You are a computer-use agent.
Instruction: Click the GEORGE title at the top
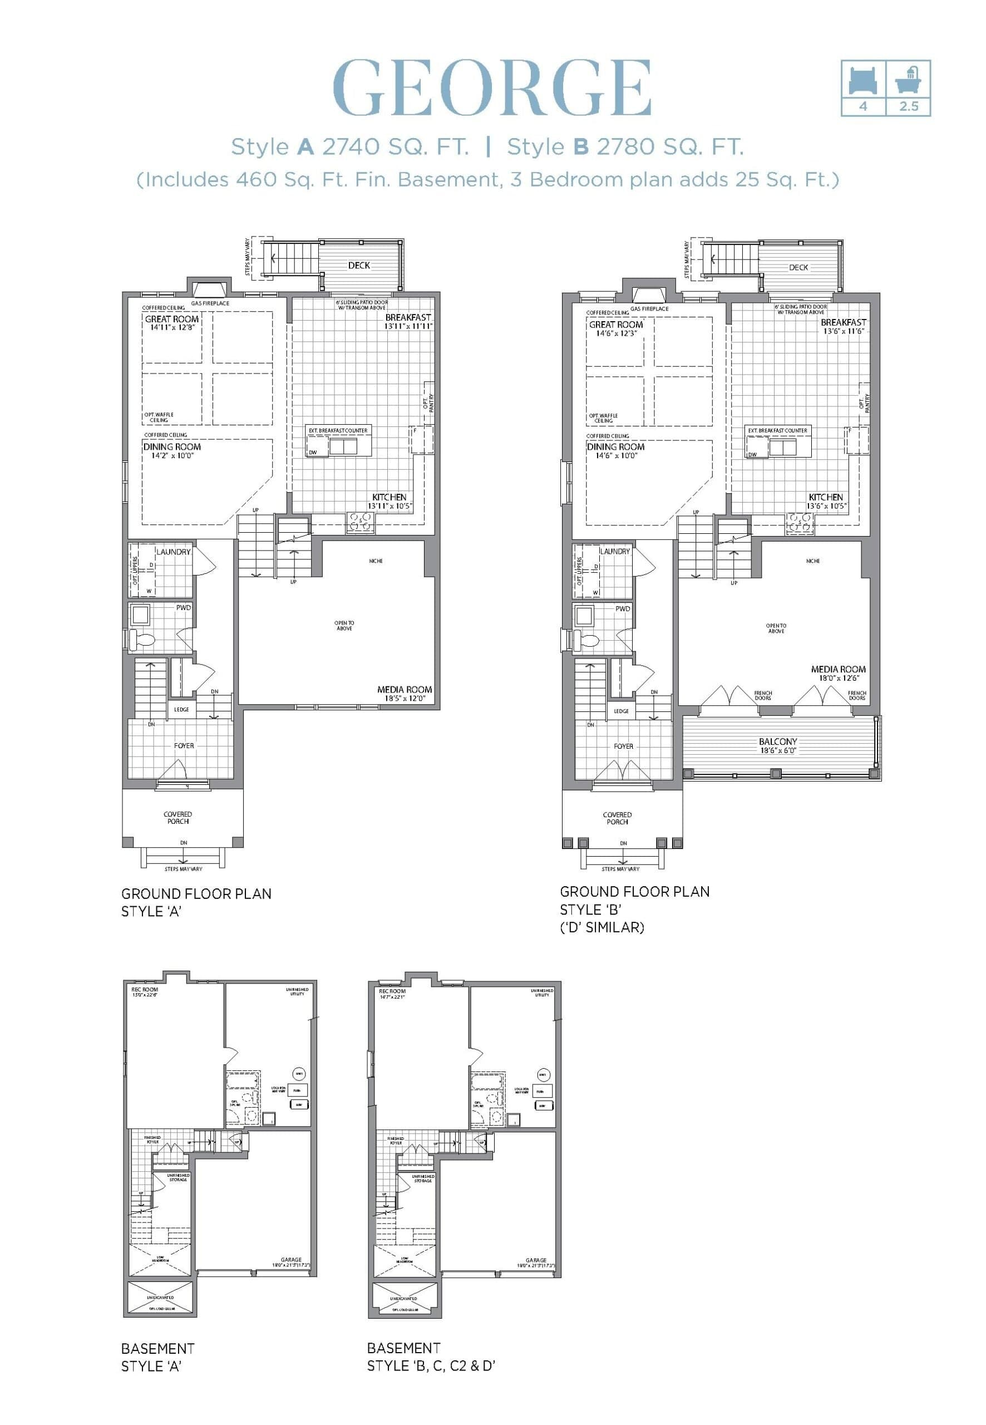pos(492,88)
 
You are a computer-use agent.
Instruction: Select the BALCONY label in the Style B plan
pos(778,741)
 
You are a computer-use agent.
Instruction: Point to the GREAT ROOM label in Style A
pos(172,320)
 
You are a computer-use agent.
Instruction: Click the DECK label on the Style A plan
pos(359,265)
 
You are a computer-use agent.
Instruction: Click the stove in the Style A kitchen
pos(360,523)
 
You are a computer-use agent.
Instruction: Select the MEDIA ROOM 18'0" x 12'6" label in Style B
pos(838,673)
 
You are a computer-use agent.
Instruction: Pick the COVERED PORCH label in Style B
pos(617,818)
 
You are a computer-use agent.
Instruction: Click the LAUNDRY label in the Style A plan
pos(173,551)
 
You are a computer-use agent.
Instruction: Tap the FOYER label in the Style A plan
pos(184,746)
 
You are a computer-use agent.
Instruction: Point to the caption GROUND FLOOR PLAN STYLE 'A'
pos(196,902)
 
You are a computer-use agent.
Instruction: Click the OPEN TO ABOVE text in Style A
pos(344,625)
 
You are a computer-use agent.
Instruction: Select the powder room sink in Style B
pos(584,616)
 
